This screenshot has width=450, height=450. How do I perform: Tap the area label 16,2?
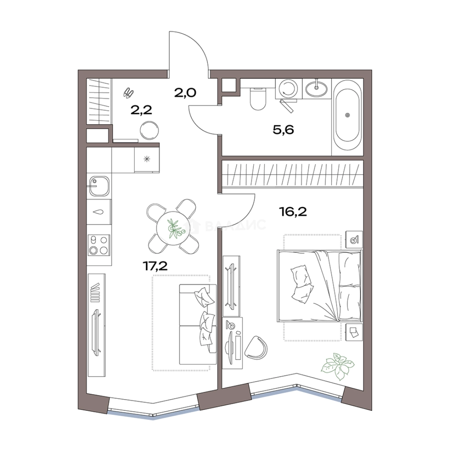point(293,212)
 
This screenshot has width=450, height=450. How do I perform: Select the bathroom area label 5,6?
point(283,130)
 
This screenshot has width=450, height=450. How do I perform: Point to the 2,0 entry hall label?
point(185,92)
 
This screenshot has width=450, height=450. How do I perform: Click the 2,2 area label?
point(141,110)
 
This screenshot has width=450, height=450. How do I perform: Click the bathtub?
point(347,115)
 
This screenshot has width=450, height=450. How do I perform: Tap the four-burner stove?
point(99,245)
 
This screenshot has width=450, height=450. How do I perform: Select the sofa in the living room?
point(198,324)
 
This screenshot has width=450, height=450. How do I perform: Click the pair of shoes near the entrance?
point(128,93)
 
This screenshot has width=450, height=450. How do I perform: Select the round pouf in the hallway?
point(149,130)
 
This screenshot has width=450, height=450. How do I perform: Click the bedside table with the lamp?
point(354,239)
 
